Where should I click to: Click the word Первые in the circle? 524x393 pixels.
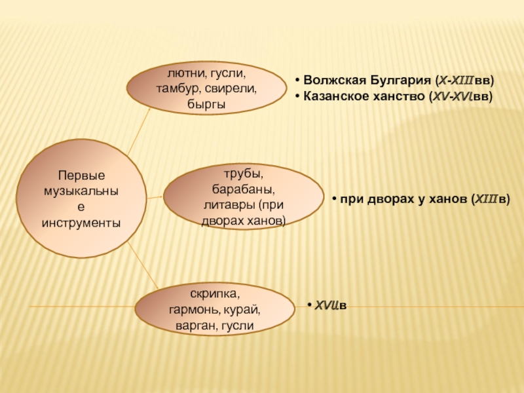click(81, 176)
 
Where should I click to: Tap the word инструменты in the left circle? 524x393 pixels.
click(81, 223)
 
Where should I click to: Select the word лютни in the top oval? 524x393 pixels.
click(184, 74)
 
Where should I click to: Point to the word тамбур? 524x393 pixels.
click(176, 88)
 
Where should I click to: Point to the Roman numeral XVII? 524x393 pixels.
click(326, 305)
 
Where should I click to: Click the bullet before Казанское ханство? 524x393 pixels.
click(297, 96)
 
